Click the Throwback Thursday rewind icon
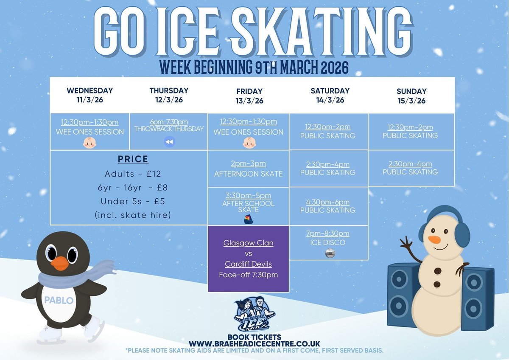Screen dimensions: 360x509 click(169, 142)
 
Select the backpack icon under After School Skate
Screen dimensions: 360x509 click(248, 219)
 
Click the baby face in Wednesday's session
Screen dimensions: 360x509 click(89, 142)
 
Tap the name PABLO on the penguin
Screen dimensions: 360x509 click(59, 301)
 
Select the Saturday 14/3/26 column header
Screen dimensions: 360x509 click(330, 96)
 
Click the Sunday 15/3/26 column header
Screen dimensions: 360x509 click(411, 96)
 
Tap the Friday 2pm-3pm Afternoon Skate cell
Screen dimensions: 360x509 click(248, 169)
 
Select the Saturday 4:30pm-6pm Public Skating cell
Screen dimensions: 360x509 click(328, 206)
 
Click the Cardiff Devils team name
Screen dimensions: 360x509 click(248, 264)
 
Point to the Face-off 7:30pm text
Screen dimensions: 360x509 click(248, 275)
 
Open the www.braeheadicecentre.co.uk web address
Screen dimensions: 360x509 click(254, 343)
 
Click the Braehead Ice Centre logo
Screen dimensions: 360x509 click(254, 315)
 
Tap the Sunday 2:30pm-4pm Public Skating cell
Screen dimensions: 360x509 click(410, 168)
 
